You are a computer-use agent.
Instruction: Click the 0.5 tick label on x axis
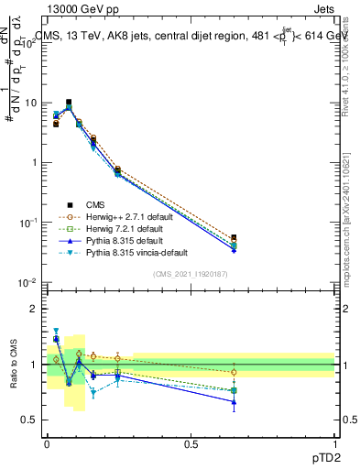tap(191, 442)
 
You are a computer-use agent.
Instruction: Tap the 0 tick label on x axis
tap(47, 442)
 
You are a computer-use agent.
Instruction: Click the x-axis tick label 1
tap(334, 442)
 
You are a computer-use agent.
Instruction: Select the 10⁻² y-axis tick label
tap(29, 282)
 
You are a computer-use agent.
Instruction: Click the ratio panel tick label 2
tap(35, 309)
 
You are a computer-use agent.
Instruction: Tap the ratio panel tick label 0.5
tap(30, 420)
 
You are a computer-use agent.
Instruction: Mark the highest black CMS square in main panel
tap(69, 103)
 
